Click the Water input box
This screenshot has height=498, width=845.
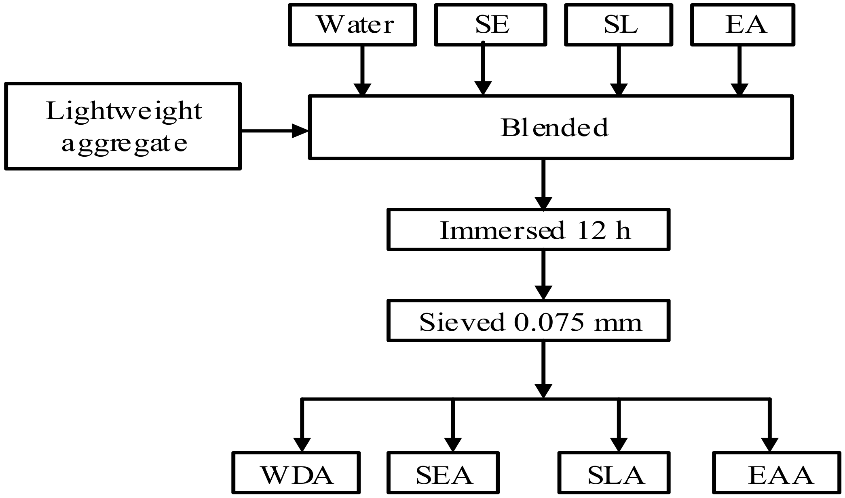coord(352,25)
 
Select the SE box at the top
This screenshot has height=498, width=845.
coord(490,25)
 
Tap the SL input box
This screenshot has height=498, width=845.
coord(619,25)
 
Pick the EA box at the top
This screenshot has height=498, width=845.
coord(742,25)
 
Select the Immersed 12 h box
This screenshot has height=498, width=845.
coord(528,230)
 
